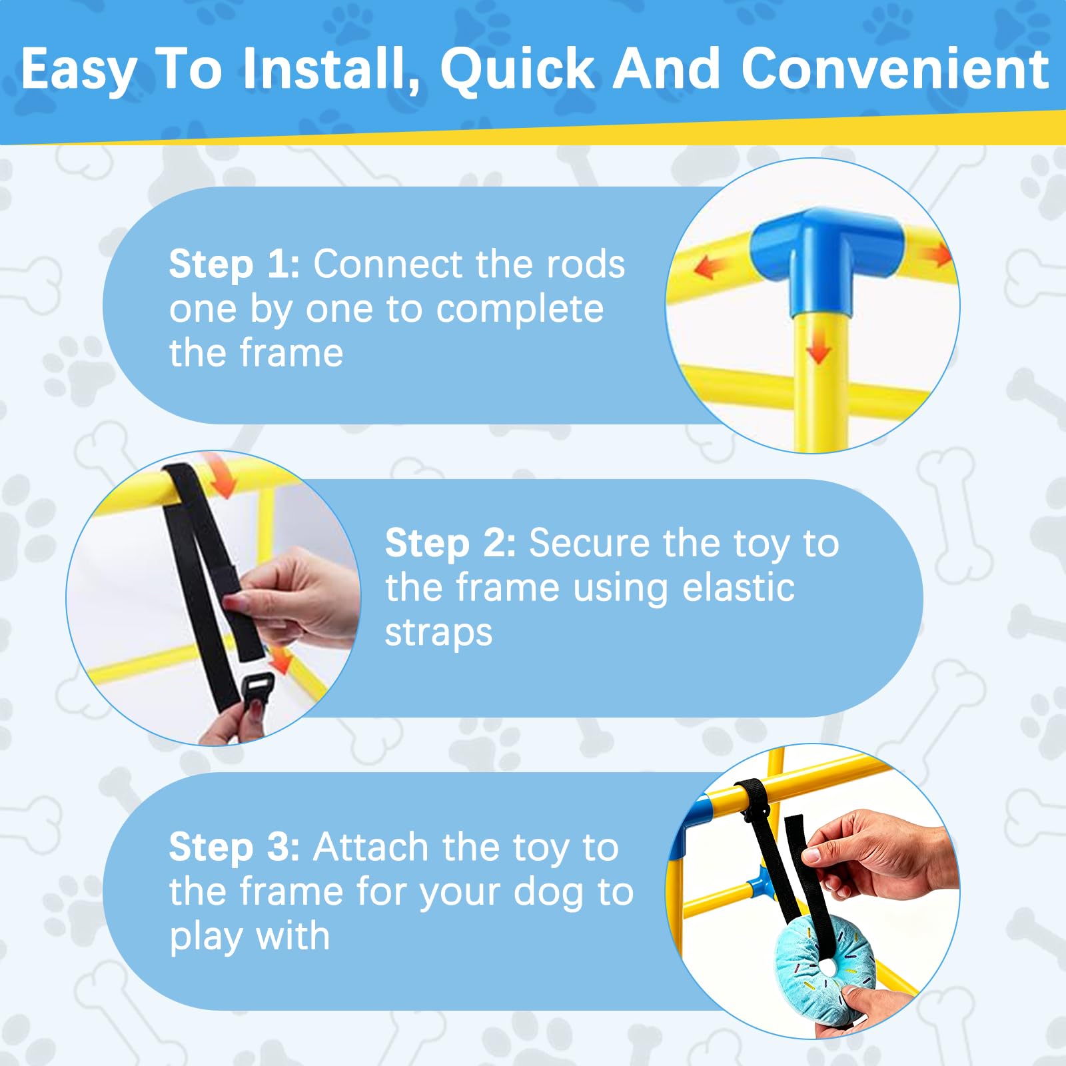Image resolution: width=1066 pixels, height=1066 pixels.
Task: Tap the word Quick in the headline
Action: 518,69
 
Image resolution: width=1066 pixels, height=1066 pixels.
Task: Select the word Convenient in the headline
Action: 895,69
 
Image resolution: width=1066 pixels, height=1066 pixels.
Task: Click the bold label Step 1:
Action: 234,265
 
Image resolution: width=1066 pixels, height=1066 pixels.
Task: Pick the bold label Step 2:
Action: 450,543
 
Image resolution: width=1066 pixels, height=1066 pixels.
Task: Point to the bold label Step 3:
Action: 234,847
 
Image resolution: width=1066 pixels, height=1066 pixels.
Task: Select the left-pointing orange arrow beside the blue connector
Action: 711,268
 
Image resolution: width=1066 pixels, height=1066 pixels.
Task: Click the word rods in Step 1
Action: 586,265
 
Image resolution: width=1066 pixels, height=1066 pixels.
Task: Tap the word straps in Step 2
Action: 438,634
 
